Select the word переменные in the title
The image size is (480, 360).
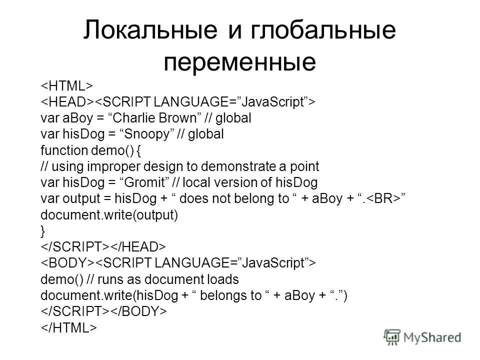(x=240, y=62)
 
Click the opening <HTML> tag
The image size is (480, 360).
(x=65, y=85)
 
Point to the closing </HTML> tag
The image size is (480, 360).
(x=68, y=327)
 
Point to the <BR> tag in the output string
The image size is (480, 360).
(x=383, y=198)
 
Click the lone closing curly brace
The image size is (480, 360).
(x=43, y=230)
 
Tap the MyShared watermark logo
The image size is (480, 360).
(x=422, y=337)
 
